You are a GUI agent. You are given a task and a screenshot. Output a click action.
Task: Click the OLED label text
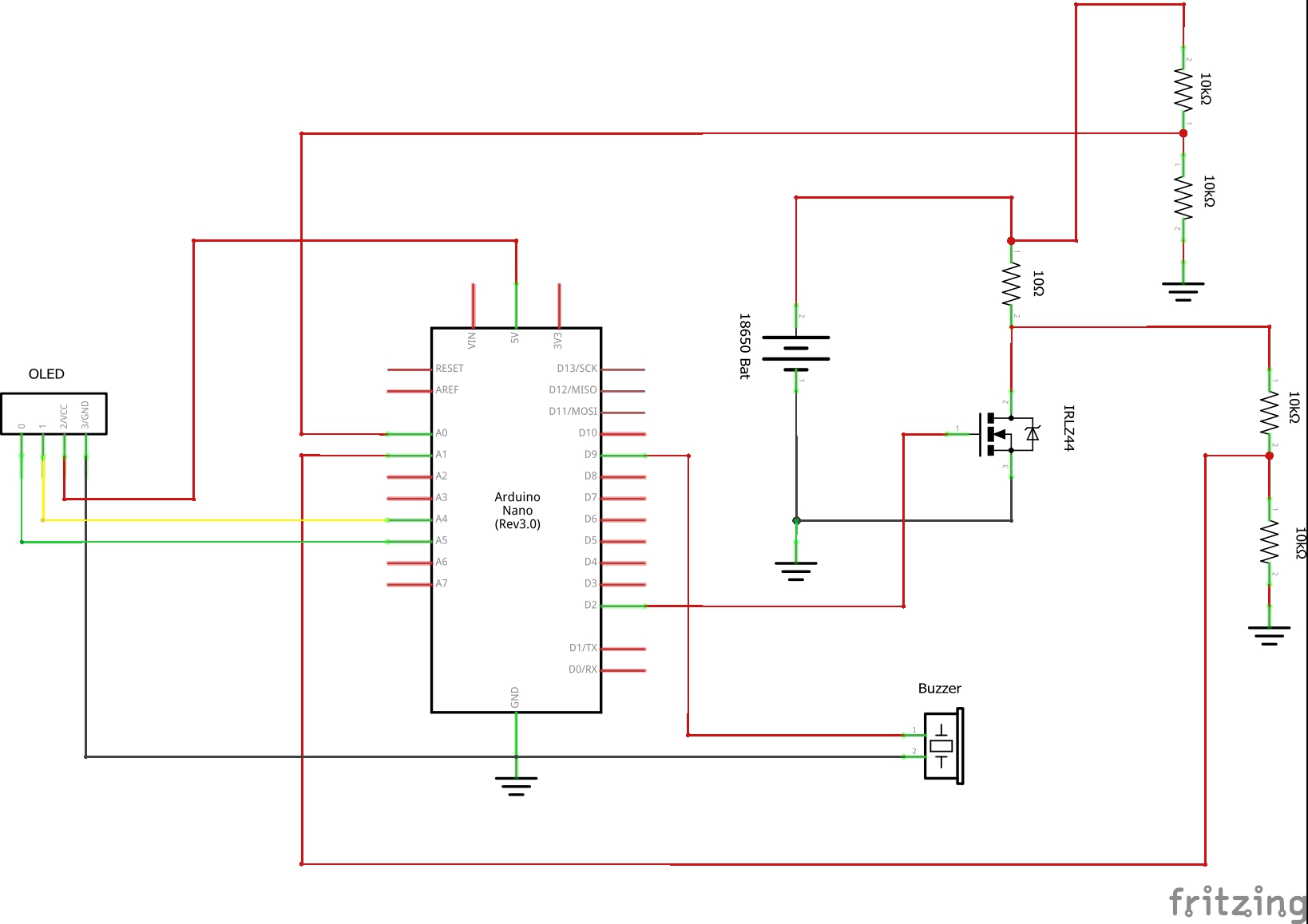pos(46,374)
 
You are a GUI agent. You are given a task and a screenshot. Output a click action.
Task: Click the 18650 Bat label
pos(744,346)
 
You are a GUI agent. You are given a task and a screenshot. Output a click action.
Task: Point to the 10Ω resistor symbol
pos(1012,284)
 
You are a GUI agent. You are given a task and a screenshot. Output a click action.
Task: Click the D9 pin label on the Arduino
pos(590,455)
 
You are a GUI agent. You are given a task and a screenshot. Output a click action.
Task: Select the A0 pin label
pos(442,433)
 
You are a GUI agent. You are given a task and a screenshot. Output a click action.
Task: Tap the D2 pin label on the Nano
pos(590,606)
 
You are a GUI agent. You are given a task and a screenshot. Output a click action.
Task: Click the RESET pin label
pos(449,369)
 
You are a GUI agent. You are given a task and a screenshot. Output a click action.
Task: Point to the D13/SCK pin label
pos(577,369)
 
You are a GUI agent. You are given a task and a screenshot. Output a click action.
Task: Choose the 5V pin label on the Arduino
pos(515,338)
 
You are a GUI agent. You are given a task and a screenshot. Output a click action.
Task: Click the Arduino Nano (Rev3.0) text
pos(517,511)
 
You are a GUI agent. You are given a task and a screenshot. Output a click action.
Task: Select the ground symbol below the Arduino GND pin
pos(516,785)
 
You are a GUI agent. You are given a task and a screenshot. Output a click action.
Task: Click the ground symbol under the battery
pos(795,571)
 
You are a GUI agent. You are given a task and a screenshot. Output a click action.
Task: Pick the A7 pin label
pos(442,584)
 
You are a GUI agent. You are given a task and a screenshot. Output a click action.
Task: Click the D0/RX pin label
pos(582,669)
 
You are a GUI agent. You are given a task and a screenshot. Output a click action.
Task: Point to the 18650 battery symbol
pos(795,349)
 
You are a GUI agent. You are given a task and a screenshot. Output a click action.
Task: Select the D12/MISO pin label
pos(573,390)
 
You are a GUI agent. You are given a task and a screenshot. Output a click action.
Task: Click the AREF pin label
pos(447,390)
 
